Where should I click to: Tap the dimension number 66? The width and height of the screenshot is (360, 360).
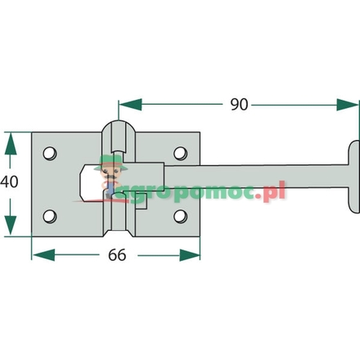[x=117, y=254]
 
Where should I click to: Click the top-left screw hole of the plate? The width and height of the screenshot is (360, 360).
[x=49, y=153]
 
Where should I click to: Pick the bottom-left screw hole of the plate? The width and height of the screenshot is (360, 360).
[x=49, y=216]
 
